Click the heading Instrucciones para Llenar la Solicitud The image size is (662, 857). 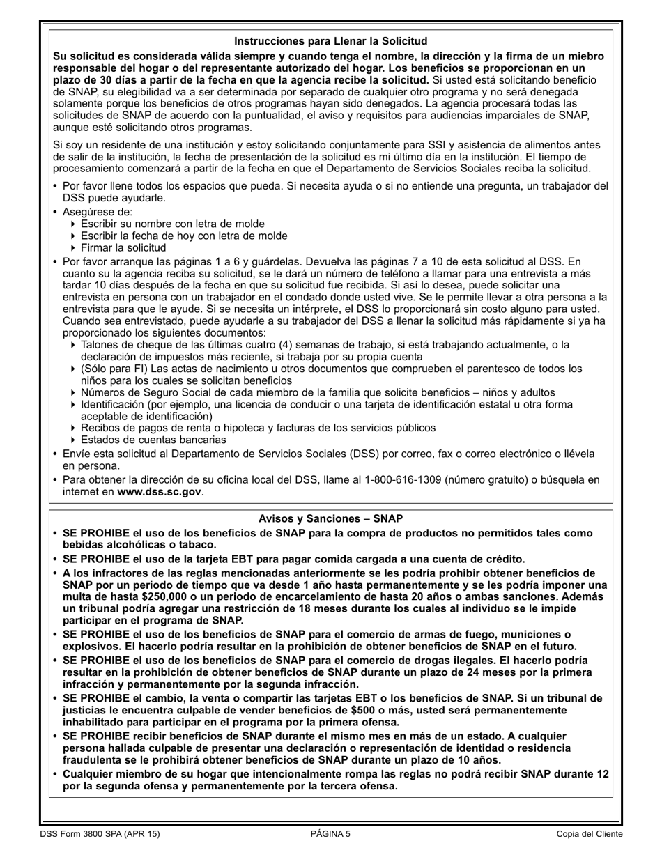pyautogui.click(x=330, y=42)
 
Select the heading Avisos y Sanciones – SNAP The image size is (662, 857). pyautogui.click(x=330, y=519)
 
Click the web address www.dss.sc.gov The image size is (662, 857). pyautogui.click(x=160, y=492)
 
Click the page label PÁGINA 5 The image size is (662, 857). pyautogui.click(x=330, y=833)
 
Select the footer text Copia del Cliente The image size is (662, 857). pyautogui.click(x=590, y=833)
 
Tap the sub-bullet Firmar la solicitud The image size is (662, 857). pyautogui.click(x=123, y=248)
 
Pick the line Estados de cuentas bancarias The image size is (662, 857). pyautogui.click(x=153, y=440)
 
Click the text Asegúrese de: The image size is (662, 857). pyautogui.click(x=98, y=212)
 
